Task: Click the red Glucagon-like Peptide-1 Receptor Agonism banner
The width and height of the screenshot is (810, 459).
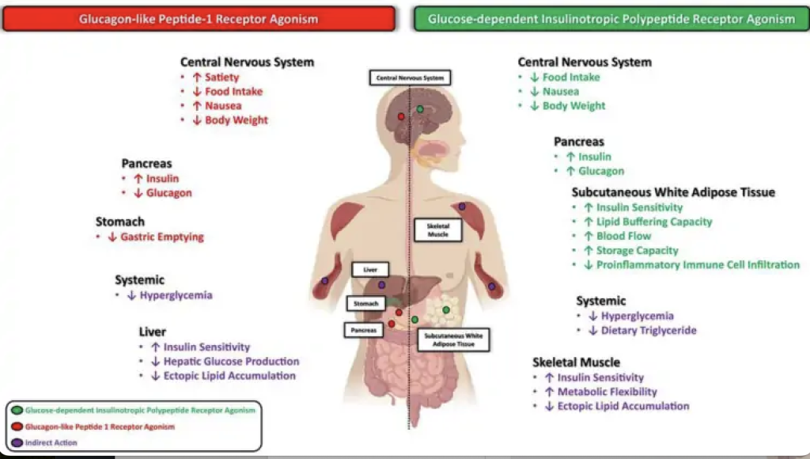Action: tap(199, 19)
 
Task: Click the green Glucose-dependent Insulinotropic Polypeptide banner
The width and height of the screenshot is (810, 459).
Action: tap(611, 19)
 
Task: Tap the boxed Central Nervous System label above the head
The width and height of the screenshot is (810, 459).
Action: tap(411, 78)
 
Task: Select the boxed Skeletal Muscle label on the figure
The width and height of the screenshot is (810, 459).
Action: tap(438, 230)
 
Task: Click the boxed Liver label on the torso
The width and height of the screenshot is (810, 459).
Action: tap(370, 269)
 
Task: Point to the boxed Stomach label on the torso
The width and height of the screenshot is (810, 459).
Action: tap(365, 303)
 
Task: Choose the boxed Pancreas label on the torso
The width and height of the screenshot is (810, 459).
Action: tap(364, 330)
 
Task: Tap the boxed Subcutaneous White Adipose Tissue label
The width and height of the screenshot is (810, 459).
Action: tap(453, 340)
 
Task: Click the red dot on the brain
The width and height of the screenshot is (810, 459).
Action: tap(401, 116)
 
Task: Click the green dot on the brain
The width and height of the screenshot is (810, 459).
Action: tap(420, 109)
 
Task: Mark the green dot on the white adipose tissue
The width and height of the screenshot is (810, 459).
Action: tap(446, 309)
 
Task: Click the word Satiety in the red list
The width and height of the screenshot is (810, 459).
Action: tap(222, 77)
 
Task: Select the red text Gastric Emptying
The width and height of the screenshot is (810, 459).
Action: tap(162, 237)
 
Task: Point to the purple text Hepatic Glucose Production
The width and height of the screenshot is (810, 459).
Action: tap(232, 362)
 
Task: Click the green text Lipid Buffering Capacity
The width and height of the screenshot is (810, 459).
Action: tap(654, 222)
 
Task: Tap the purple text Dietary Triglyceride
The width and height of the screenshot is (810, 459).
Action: tap(649, 330)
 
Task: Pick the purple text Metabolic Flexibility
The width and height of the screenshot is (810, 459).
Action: tap(607, 392)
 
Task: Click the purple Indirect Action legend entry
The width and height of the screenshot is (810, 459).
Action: tap(51, 442)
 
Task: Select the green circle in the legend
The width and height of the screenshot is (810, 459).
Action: tap(17, 410)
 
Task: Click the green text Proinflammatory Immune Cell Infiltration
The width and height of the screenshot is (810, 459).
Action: tap(698, 264)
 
